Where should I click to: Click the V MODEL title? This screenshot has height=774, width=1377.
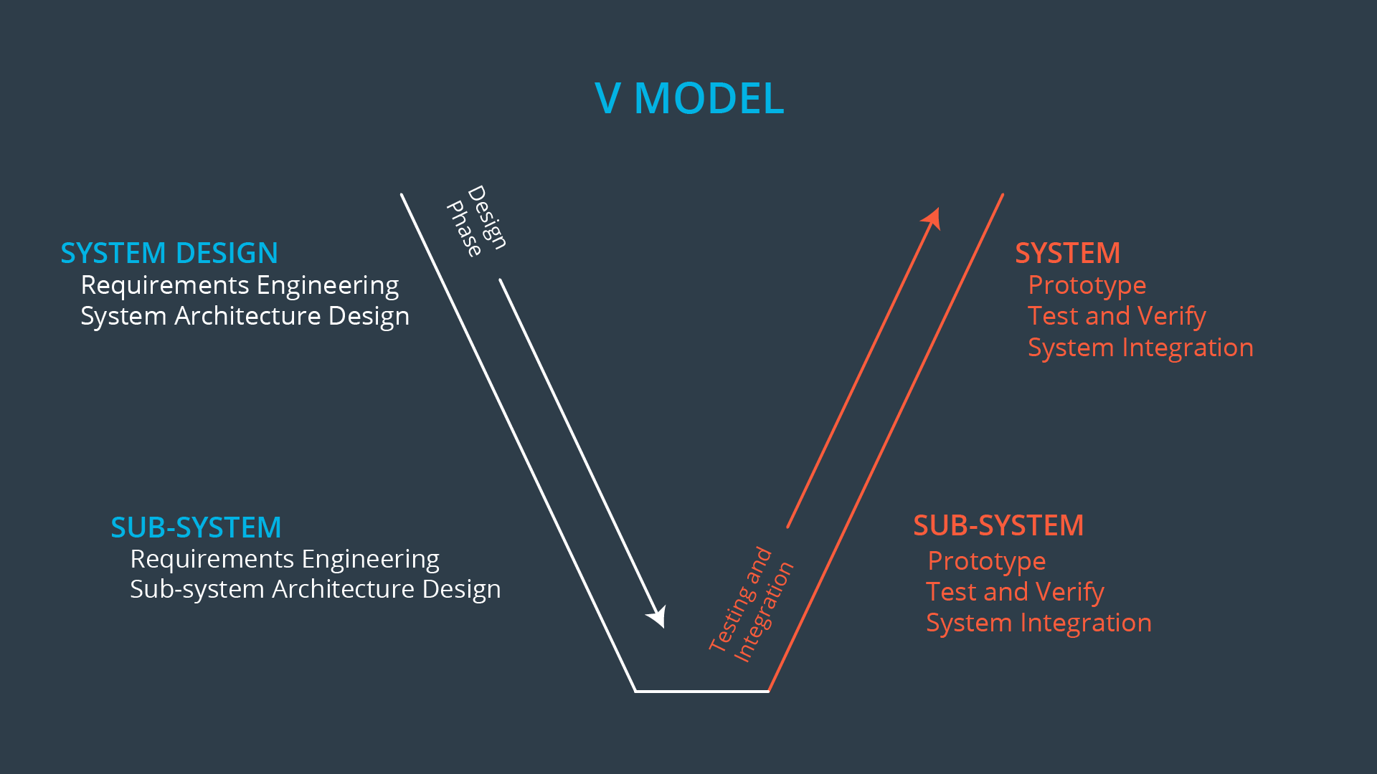click(x=689, y=98)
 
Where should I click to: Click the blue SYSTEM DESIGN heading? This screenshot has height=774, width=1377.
click(x=169, y=253)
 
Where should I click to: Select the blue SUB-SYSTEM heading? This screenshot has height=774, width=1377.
click(x=196, y=527)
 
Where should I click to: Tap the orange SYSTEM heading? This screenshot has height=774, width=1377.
click(x=1067, y=253)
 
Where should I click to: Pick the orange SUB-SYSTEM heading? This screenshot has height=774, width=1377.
click(x=998, y=525)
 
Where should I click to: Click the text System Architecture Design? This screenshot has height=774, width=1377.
click(x=245, y=316)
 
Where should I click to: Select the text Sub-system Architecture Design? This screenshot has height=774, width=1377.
click(x=315, y=589)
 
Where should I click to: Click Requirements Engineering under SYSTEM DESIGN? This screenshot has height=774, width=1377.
click(x=240, y=285)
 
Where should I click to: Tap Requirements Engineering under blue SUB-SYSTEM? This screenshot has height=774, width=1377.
click(x=285, y=559)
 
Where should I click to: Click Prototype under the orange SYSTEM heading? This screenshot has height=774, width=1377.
click(x=1087, y=285)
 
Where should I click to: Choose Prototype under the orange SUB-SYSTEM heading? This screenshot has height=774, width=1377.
click(x=986, y=561)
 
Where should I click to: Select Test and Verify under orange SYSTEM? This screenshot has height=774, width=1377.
click(x=1117, y=316)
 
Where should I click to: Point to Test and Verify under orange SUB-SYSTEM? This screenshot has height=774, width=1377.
click(x=1015, y=592)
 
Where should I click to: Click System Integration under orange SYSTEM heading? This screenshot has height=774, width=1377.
click(x=1140, y=348)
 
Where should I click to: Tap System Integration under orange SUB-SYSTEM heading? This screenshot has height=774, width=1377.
click(x=1038, y=623)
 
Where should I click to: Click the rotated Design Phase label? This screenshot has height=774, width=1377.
click(x=477, y=221)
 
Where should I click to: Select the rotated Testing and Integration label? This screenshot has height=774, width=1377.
click(x=751, y=605)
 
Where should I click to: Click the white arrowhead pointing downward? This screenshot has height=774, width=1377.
click(x=658, y=617)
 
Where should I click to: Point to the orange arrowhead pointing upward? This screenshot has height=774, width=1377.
click(x=932, y=218)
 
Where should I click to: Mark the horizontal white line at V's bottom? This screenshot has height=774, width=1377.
click(x=701, y=692)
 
